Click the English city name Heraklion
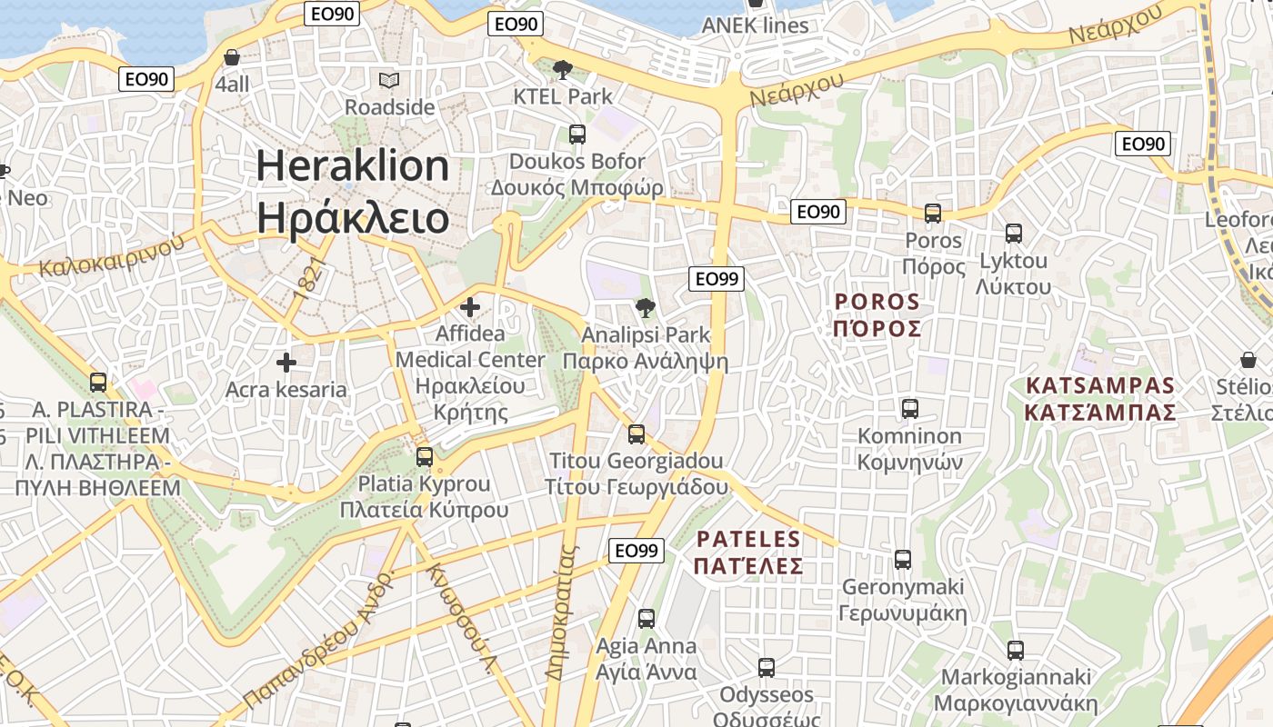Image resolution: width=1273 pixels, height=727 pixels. (x=353, y=166)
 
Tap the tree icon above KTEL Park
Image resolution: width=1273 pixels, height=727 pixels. (x=563, y=70)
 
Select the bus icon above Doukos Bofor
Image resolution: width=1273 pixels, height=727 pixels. (x=576, y=134)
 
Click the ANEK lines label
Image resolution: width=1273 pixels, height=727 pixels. (x=755, y=25)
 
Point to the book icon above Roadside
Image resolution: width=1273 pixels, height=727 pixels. (x=389, y=81)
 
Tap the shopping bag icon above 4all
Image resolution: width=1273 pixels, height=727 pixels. (x=232, y=57)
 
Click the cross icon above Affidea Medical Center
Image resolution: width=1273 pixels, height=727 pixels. (x=470, y=307)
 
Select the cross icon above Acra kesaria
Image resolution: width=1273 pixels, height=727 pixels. (x=286, y=363)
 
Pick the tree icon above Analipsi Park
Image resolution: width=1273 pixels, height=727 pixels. (x=646, y=308)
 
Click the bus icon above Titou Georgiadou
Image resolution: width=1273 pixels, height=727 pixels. (x=636, y=434)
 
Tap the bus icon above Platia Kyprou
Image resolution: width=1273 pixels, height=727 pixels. (x=425, y=456)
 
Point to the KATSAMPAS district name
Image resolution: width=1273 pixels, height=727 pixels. (x=1100, y=385)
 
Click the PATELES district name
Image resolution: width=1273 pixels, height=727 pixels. (x=748, y=539)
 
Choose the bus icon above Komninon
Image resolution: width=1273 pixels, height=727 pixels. (x=910, y=409)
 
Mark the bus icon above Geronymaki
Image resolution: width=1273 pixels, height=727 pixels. (x=903, y=560)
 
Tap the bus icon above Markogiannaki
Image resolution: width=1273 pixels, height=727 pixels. (x=1016, y=651)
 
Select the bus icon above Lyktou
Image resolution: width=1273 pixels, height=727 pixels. (x=1014, y=234)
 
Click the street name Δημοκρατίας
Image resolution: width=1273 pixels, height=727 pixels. (x=562, y=612)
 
